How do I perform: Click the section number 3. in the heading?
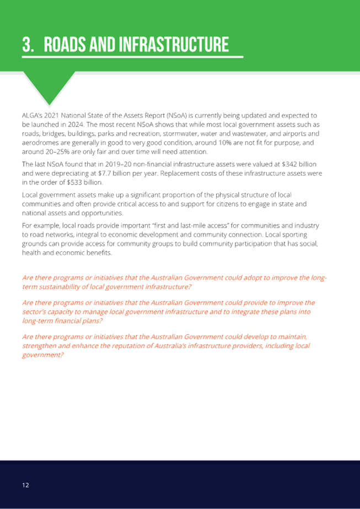coord(28,45)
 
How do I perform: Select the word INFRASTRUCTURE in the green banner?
coord(174,45)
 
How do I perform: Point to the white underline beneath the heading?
coord(132,57)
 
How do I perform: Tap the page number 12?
coord(25,485)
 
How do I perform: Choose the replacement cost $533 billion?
coord(84,182)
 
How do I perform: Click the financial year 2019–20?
coord(119,164)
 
